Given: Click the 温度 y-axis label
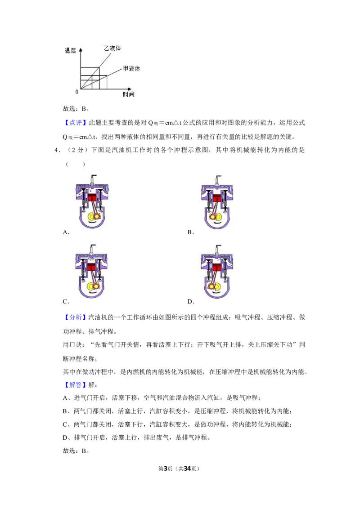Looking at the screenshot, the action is point(70,51).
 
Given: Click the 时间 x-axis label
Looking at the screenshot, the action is point(128,94).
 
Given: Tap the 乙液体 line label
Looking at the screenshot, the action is point(112,48).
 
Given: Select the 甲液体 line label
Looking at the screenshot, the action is point(131,68).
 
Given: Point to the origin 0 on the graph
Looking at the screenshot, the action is point(76,92).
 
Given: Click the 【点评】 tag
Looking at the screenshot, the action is point(75,123).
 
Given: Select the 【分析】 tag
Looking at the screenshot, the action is point(75,317).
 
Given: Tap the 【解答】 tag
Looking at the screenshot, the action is point(75,385).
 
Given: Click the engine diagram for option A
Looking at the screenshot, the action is point(92,201).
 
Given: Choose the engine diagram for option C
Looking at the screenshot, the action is point(92,271).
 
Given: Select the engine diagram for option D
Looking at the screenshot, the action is point(217,272).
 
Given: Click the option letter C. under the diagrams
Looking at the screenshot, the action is point(66,302).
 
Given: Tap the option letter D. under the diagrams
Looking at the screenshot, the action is point(191,302).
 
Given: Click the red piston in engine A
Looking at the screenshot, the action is point(92,197).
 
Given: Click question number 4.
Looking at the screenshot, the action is point(58,150).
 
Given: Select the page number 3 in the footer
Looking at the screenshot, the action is point(166,469).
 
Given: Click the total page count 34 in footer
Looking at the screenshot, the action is point(187,469).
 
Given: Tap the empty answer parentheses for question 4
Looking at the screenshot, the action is point(76,164).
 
